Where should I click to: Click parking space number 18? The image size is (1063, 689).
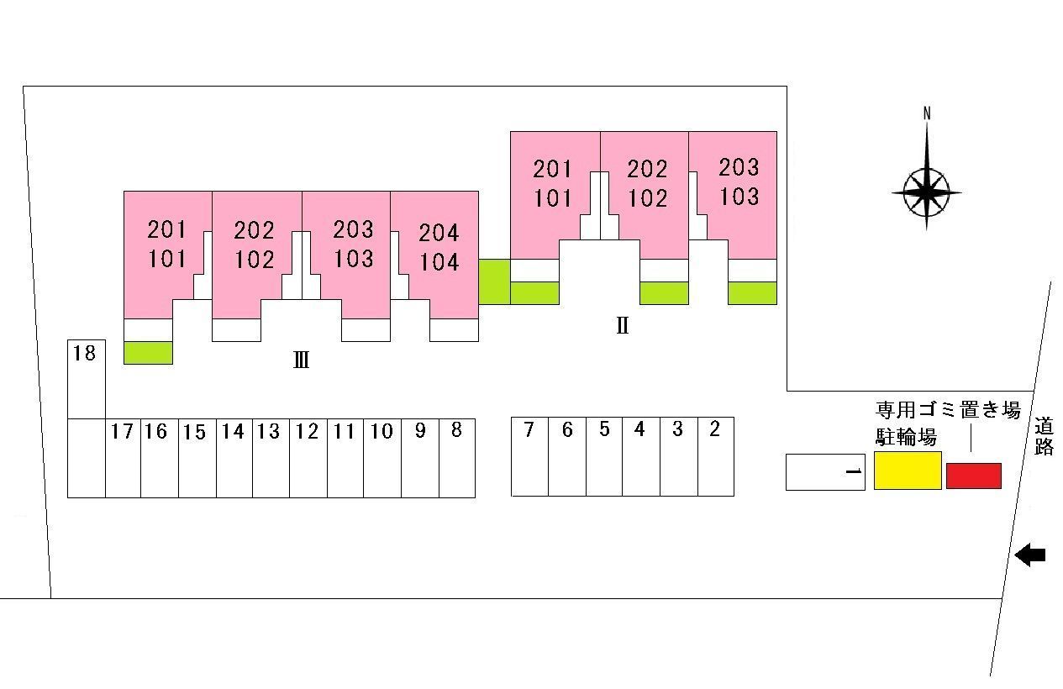click(x=86, y=378)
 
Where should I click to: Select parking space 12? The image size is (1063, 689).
click(x=308, y=458)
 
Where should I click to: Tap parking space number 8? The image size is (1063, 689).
click(x=456, y=458)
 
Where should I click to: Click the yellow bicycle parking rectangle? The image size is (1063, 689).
click(x=907, y=471)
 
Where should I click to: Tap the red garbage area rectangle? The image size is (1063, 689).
click(x=973, y=476)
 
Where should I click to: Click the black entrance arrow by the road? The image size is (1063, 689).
click(x=1029, y=555)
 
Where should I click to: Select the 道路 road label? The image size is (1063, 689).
click(x=1044, y=437)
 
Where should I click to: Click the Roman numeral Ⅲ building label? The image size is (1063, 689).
click(x=301, y=361)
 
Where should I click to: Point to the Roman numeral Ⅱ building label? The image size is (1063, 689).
click(x=622, y=325)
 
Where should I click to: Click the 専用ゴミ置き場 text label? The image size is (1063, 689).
click(x=947, y=410)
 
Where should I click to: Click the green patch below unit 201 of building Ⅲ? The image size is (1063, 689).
click(x=148, y=353)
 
